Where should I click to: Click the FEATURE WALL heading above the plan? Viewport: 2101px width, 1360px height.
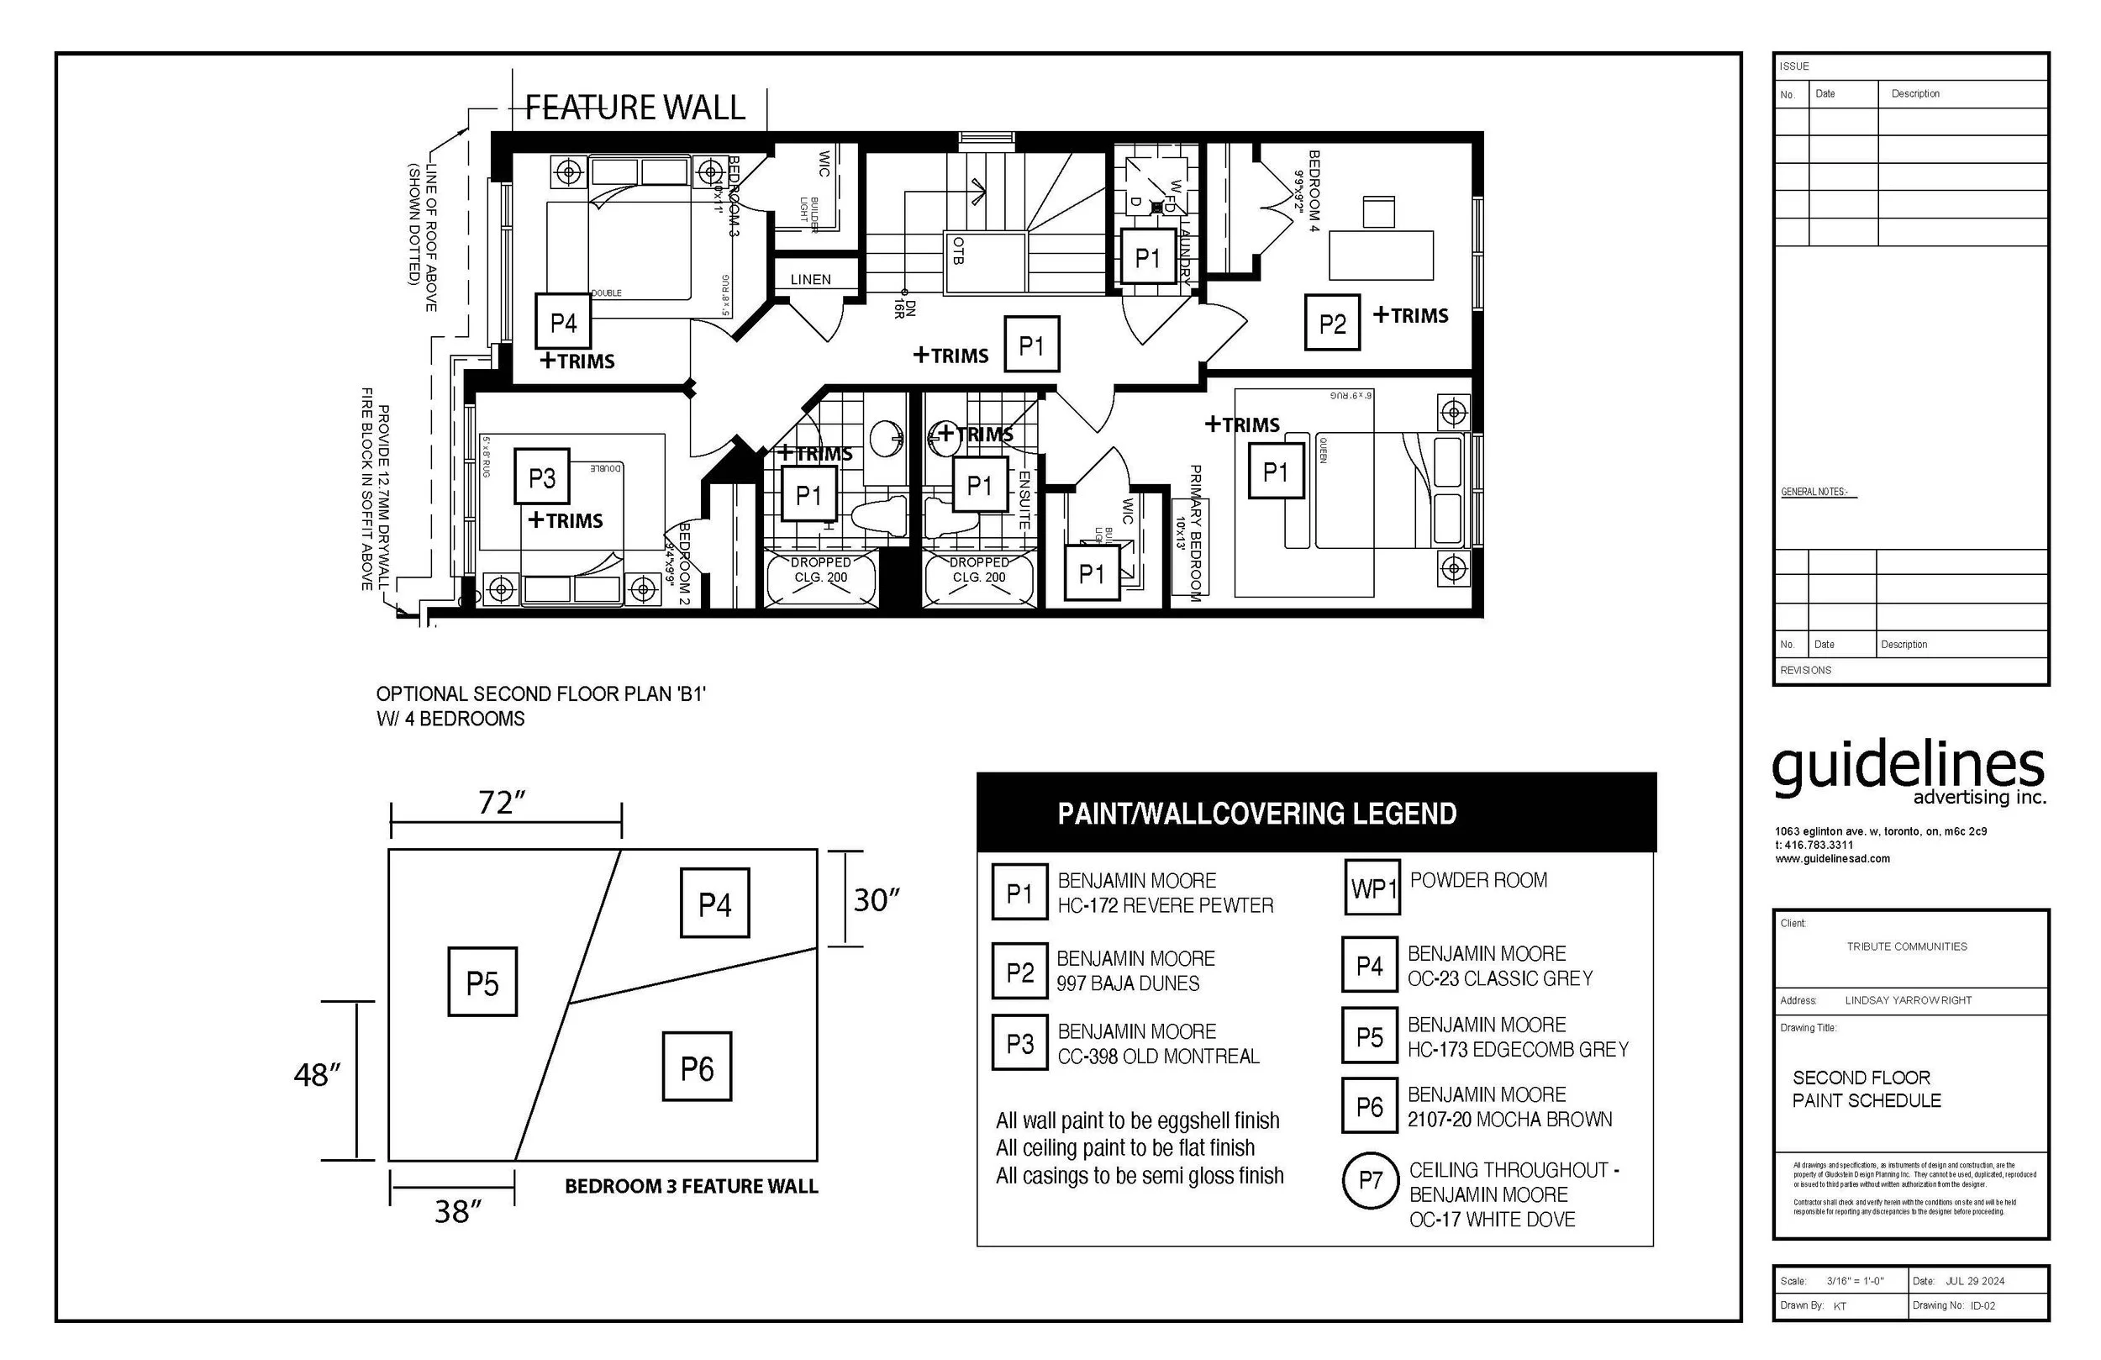pyautogui.click(x=635, y=108)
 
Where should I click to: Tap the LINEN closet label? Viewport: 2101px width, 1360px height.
pyautogui.click(x=810, y=280)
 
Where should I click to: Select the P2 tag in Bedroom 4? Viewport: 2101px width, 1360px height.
pyautogui.click(x=1332, y=324)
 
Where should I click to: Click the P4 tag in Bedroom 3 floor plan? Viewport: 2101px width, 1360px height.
pyautogui.click(x=563, y=322)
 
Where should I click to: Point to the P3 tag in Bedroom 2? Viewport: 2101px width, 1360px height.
pyautogui.click(x=542, y=477)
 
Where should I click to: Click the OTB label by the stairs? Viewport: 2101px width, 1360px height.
pyautogui.click(x=959, y=250)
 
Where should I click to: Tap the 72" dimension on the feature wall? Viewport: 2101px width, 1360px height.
pyautogui.click(x=502, y=803)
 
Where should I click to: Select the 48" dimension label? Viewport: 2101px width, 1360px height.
pyautogui.click(x=317, y=1076)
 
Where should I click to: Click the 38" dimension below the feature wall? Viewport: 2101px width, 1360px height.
pyautogui.click(x=457, y=1211)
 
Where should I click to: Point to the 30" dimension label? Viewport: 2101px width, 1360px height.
pyautogui.click(x=876, y=901)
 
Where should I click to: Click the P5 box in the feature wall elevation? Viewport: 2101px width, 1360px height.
pyautogui.click(x=483, y=983)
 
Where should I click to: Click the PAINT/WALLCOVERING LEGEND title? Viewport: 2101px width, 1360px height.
pyautogui.click(x=1256, y=814)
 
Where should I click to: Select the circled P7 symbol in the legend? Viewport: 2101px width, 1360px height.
pyautogui.click(x=1370, y=1181)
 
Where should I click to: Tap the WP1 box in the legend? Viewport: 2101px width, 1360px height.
pyautogui.click(x=1372, y=888)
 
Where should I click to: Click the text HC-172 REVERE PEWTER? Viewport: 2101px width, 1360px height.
pyautogui.click(x=1166, y=906)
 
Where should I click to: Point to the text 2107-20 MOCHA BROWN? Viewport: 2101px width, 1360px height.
pyautogui.click(x=1509, y=1120)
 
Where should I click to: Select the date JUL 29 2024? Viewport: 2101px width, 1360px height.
pyautogui.click(x=1975, y=1281)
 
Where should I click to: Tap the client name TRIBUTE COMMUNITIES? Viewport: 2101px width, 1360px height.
pyautogui.click(x=1907, y=946)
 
